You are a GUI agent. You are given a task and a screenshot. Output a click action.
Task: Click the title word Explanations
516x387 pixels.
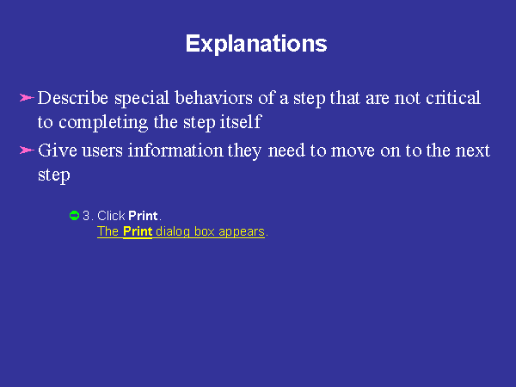click(256, 44)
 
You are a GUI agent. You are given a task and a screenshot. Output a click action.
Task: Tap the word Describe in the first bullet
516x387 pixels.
click(73, 98)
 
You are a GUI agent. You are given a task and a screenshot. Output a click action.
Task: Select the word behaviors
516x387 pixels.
click(213, 98)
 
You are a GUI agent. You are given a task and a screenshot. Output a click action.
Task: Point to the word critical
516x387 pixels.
click(453, 98)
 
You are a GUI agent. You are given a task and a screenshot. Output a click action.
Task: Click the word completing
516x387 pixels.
click(103, 123)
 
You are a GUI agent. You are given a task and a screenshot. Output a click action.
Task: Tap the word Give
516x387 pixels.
click(58, 150)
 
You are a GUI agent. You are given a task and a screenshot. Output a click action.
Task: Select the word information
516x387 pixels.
click(175, 150)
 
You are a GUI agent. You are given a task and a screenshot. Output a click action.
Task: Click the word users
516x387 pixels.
click(102, 151)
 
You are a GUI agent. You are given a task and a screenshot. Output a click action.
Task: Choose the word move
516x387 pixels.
click(353, 151)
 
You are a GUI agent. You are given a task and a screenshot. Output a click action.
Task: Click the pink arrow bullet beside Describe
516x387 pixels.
click(27, 98)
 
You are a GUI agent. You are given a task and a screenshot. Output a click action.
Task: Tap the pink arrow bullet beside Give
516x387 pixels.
click(27, 150)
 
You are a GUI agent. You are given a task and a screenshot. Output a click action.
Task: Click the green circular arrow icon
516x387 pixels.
click(74, 216)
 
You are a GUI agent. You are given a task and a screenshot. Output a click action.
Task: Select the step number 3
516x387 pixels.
click(86, 216)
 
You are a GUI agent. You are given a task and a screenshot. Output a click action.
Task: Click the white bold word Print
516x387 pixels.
click(143, 216)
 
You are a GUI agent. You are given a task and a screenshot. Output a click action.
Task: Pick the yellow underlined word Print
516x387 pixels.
click(138, 231)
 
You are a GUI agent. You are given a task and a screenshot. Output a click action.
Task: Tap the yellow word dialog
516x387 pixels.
click(173, 232)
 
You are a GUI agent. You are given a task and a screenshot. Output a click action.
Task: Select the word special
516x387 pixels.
click(142, 99)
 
